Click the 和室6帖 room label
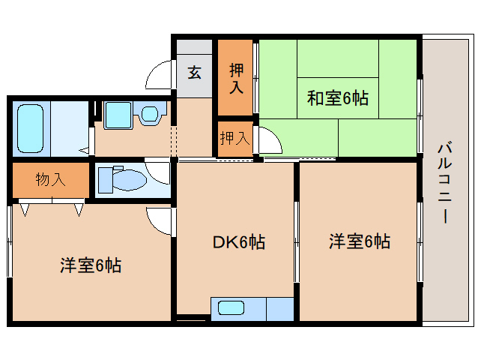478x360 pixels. click(x=337, y=98)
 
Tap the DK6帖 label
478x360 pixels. click(x=239, y=242)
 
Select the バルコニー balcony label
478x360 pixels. click(x=445, y=182)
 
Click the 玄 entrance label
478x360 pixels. click(x=194, y=73)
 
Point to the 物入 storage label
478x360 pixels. click(x=51, y=179)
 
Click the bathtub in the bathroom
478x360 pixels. click(x=30, y=128)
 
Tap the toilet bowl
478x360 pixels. click(x=130, y=180)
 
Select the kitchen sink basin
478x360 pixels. click(x=231, y=308)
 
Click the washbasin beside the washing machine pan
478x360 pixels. click(x=150, y=114)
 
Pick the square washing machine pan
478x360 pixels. click(x=118, y=115)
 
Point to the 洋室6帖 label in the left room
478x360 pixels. click(x=91, y=265)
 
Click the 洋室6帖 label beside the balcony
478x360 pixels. click(x=360, y=241)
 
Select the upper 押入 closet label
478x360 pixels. click(x=236, y=78)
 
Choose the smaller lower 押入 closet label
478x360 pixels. click(x=235, y=138)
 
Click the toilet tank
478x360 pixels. click(x=106, y=180)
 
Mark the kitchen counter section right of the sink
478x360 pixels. click(x=280, y=309)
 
